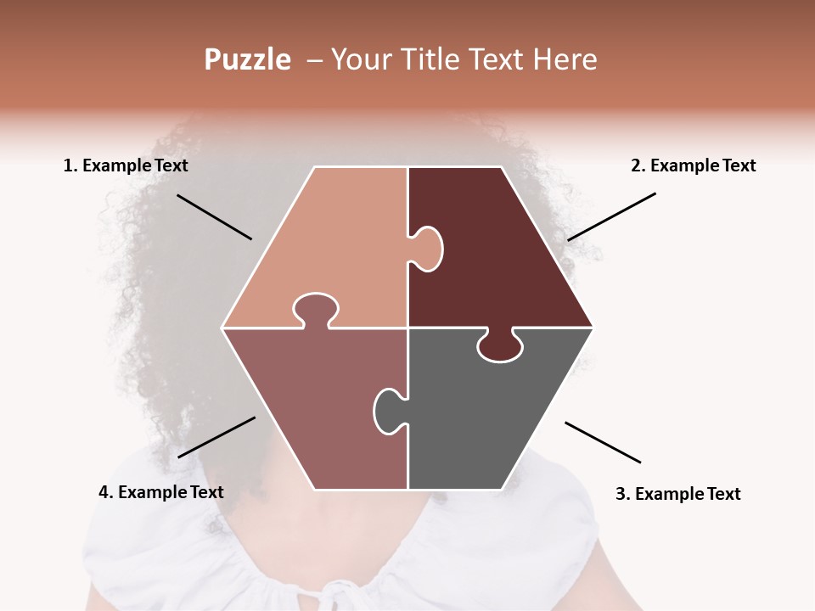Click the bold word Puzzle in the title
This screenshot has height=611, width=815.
click(247, 59)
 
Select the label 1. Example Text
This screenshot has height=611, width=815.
click(126, 165)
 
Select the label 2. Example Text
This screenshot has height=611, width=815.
click(693, 165)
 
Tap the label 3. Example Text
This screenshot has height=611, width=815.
click(677, 493)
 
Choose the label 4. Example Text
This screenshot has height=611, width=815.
click(160, 491)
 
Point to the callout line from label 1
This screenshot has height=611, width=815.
click(214, 216)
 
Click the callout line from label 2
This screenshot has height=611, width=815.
click(611, 216)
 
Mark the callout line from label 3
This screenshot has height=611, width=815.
click(603, 442)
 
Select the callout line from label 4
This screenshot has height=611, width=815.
click(216, 437)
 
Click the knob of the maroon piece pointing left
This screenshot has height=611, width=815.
click(427, 248)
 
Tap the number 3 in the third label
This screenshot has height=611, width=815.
click(620, 493)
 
